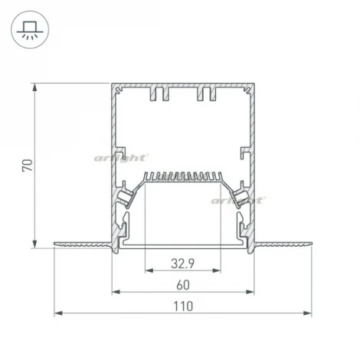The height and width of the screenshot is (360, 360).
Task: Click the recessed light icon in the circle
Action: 30,30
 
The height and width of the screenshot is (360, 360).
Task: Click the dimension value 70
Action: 28,165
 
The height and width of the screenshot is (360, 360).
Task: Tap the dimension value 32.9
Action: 183,263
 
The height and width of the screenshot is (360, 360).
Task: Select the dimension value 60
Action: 183,285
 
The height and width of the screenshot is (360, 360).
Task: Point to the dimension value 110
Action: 183,306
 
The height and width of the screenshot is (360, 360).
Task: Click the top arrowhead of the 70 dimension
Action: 34,87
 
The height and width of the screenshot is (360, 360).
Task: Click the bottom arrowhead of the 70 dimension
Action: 34,244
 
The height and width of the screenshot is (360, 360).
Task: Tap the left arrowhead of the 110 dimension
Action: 58,313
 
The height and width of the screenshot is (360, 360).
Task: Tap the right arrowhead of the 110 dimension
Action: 307,313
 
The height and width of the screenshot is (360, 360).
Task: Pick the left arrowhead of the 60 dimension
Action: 116,292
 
